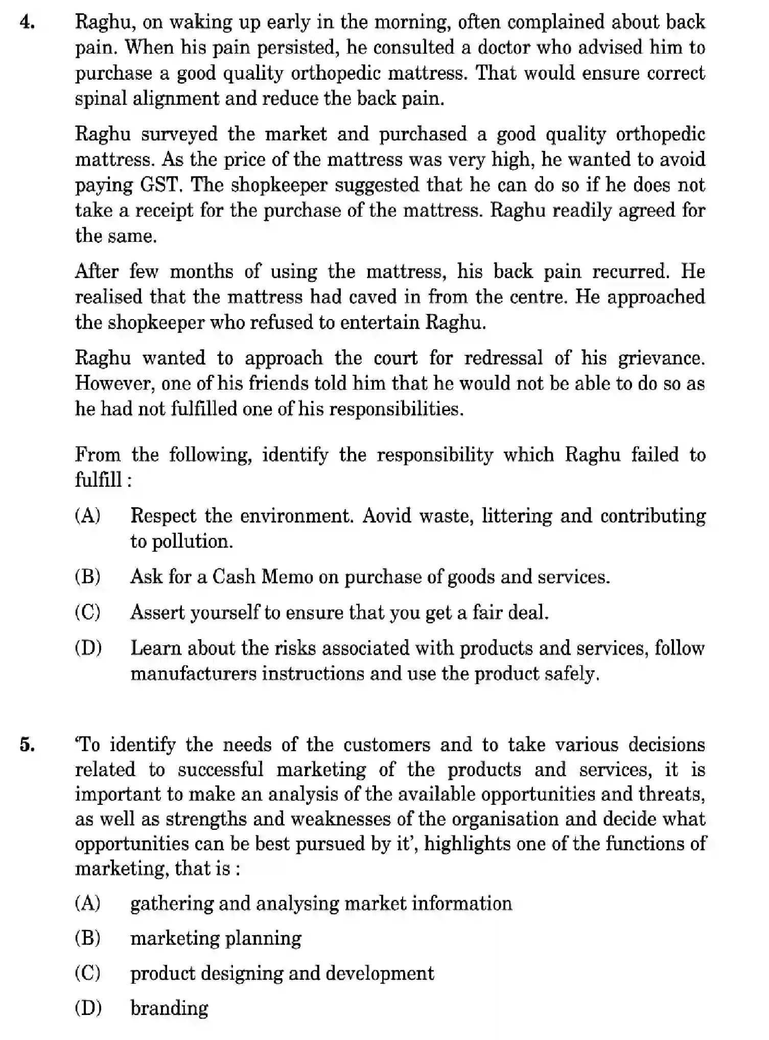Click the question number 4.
point(27,23)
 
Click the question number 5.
point(27,745)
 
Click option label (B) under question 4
point(88,577)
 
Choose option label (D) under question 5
point(88,1008)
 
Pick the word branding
point(169,1008)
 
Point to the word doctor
point(504,48)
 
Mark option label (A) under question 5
point(88,903)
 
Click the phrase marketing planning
point(216,938)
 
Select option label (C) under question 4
point(88,612)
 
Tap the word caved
point(372,297)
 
